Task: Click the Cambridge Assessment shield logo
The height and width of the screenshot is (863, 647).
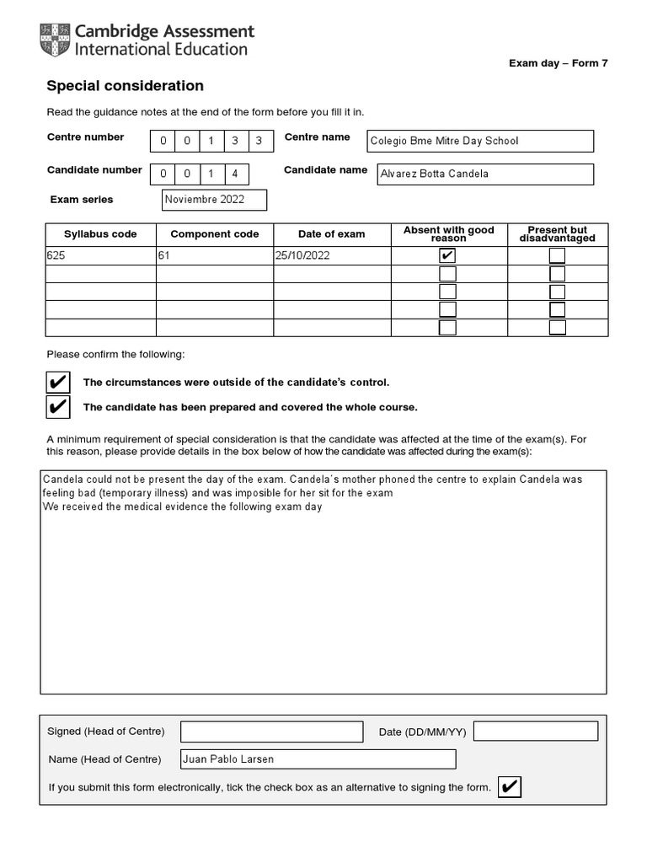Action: tap(55, 40)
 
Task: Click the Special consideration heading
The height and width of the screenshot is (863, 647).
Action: tap(125, 86)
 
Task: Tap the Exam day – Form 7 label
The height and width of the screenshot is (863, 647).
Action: tap(569, 63)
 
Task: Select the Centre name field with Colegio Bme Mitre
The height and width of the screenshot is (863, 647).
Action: tap(479, 141)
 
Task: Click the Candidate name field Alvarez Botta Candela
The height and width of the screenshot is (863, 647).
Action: tap(484, 174)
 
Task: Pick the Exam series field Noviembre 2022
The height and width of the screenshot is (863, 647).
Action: tap(214, 200)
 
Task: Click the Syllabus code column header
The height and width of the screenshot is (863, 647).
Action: tap(100, 234)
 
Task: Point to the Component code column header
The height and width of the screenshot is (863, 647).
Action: tap(215, 234)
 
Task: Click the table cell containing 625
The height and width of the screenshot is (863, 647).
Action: tap(100, 256)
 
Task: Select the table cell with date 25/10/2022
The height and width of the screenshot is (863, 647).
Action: tap(332, 256)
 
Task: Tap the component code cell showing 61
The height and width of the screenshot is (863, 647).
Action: tap(215, 256)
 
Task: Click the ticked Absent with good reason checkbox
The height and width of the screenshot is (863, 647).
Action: tap(448, 256)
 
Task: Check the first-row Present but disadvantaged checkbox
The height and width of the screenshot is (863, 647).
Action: tap(557, 256)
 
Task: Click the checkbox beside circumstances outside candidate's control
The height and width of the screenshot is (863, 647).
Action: tap(58, 383)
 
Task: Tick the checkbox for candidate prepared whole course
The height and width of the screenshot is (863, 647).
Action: tap(58, 407)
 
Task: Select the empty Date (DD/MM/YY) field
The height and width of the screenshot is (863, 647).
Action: tap(536, 732)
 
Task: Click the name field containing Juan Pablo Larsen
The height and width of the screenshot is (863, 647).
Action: tap(318, 758)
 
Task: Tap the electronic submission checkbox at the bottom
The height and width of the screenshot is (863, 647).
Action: tap(510, 787)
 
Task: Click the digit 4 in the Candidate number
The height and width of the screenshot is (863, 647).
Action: tap(235, 174)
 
